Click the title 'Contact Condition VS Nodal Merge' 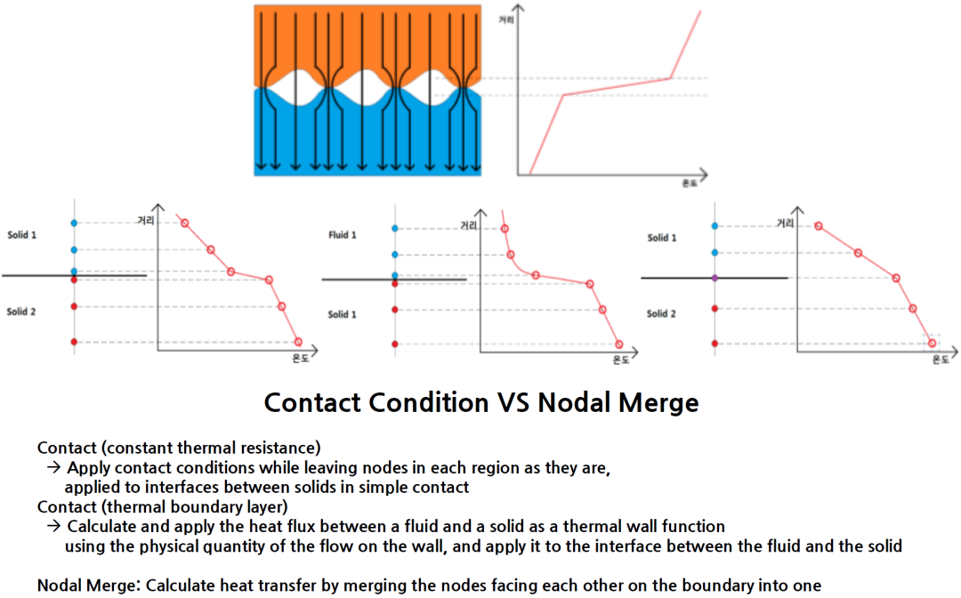point(480,402)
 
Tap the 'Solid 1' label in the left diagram point(22,235)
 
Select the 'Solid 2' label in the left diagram point(22,311)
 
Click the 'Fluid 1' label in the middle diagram point(343,235)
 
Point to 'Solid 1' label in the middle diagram point(343,314)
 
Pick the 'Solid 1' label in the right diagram point(662,238)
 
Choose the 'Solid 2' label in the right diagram point(662,313)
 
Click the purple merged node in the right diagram point(715,279)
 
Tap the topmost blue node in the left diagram point(75,222)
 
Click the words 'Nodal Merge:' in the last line point(88,586)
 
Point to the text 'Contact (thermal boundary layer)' point(162,507)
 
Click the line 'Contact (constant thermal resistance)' point(179,447)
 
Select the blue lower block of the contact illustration point(367,142)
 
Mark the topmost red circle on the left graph point(184,222)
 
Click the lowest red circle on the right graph point(932,343)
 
